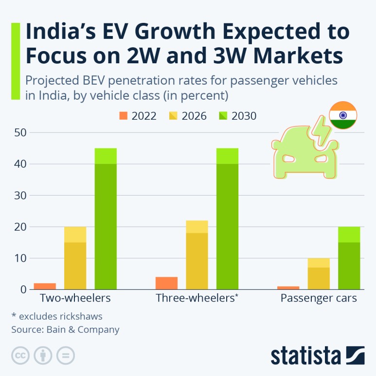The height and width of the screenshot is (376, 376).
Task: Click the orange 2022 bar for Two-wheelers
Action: (45, 286)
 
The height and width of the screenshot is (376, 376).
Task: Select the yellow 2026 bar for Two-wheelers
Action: (75, 258)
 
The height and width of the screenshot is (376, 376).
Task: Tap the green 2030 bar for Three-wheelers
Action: (227, 219)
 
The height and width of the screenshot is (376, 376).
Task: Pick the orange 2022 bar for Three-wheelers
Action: (167, 283)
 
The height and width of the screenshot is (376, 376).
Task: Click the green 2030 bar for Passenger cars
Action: (349, 258)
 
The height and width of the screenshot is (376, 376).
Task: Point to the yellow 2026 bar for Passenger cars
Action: (319, 274)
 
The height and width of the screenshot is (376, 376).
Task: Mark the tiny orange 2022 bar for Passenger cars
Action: (288, 288)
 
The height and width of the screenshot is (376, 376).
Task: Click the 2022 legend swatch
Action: (124, 116)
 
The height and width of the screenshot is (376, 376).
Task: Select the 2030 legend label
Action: (244, 116)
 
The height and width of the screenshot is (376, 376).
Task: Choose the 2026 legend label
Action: (194, 116)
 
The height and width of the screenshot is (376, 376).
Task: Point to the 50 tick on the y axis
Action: (20, 133)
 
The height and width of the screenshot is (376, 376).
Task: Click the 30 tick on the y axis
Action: (20, 196)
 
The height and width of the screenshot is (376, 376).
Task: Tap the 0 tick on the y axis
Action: (23, 289)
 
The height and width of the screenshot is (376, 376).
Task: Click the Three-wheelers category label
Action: (197, 298)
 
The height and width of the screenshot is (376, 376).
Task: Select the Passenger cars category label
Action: (319, 298)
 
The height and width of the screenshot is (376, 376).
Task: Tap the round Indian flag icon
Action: (343, 115)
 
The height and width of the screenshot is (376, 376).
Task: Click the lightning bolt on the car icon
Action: (321, 131)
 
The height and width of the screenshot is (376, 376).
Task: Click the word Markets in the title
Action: (298, 55)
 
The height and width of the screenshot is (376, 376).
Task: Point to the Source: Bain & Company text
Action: (65, 329)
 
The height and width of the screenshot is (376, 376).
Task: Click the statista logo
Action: (318, 356)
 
